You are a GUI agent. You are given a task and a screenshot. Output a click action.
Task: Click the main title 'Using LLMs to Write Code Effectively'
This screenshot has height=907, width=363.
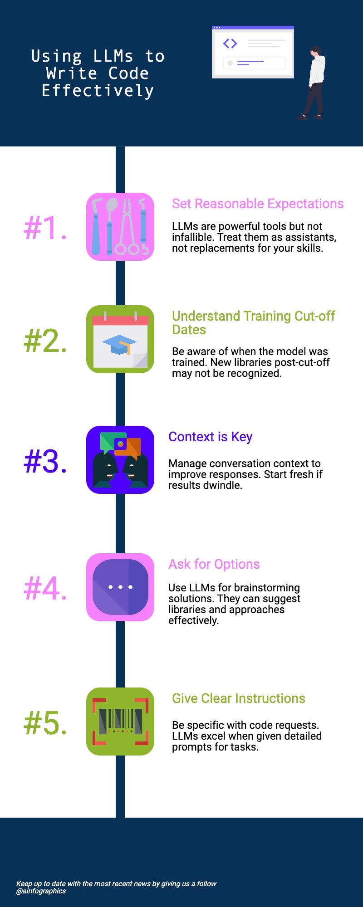coord(98,73)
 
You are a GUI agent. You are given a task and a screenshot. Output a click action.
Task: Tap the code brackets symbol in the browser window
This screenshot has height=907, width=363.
coord(230,44)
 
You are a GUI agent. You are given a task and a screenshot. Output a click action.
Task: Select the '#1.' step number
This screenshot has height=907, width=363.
coord(45,227)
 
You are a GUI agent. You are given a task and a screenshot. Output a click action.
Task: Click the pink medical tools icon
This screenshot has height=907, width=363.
coord(120,227)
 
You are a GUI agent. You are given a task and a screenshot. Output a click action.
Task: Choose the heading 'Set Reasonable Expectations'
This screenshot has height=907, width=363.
coord(258,204)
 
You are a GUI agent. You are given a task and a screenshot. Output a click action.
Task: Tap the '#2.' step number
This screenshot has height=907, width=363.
coord(45,341)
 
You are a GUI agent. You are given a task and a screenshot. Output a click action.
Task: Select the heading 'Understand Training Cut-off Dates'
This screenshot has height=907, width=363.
coord(254,323)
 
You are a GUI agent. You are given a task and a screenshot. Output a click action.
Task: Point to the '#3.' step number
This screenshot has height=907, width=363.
coord(45,462)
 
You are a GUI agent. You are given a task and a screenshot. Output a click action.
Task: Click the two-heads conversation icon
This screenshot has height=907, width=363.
coord(120,460)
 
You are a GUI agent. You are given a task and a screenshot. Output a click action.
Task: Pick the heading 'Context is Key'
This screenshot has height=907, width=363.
coord(211,437)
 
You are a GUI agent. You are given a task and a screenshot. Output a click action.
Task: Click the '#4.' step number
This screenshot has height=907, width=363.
coord(45,589)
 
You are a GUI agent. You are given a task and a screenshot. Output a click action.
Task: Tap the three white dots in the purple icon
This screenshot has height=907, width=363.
coord(120,587)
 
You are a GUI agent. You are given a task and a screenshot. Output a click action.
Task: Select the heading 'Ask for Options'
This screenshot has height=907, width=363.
coord(214,564)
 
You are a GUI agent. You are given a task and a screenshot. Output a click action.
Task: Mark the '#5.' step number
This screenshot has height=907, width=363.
coord(45,723)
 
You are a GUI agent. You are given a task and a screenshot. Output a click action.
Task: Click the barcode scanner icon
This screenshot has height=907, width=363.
coord(120,722)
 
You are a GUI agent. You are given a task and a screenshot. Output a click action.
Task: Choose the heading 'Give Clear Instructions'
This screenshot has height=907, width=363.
coord(239,698)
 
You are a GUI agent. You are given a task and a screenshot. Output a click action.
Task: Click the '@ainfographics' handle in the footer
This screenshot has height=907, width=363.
coord(41,891)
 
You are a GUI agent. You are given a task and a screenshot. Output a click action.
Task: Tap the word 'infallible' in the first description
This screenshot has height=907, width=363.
coord(192,237)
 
